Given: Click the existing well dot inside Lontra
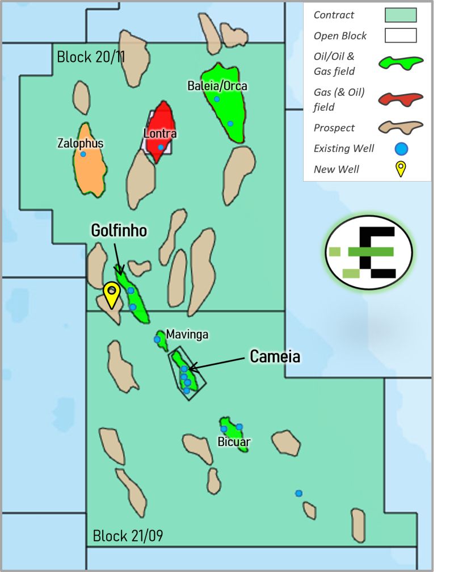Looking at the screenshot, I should click(x=161, y=148).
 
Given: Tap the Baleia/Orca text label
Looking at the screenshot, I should click(x=217, y=86).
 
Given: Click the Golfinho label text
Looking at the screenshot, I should click(x=119, y=230).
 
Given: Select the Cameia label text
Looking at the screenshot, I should click(x=275, y=356).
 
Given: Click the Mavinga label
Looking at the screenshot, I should click(x=187, y=335).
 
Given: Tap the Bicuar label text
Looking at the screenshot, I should click(x=234, y=441).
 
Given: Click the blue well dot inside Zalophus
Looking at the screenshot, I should click(x=83, y=154).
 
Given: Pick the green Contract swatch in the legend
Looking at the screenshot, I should click(x=400, y=15).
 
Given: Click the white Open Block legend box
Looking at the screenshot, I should click(x=400, y=36).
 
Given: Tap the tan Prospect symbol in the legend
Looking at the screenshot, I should click(x=401, y=128).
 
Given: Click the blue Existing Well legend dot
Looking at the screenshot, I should click(x=401, y=149).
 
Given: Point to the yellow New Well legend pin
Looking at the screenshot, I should click(x=401, y=169).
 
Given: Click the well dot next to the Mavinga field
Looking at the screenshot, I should click(x=157, y=339).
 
